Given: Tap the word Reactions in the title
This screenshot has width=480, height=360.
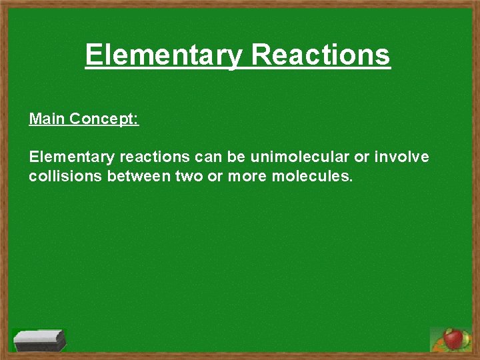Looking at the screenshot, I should (x=321, y=54).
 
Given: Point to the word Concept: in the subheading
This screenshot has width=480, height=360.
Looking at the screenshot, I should (x=104, y=119).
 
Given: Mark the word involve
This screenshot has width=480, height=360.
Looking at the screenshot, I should (x=403, y=157).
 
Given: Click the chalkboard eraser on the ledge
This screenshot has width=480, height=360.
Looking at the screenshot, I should (x=39, y=340).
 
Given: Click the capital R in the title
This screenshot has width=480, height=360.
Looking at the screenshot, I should (x=261, y=55).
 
